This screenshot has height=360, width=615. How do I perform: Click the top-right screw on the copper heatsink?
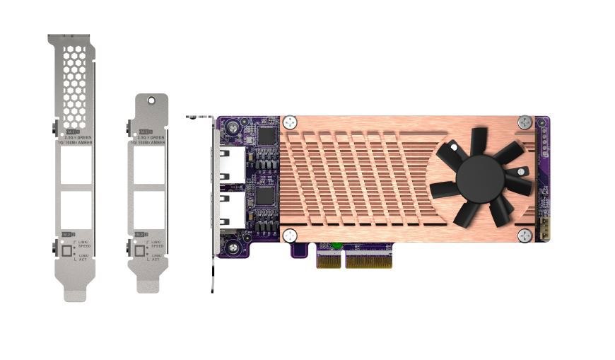pyautogui.click(x=524, y=122)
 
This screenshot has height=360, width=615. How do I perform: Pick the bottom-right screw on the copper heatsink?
pyautogui.click(x=524, y=235)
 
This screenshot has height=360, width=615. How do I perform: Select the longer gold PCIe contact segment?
pyautogui.click(x=368, y=261)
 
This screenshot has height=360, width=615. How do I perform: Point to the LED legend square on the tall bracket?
pyautogui.click(x=68, y=250)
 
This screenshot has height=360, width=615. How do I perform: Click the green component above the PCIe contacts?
pyautogui.click(x=338, y=247)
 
